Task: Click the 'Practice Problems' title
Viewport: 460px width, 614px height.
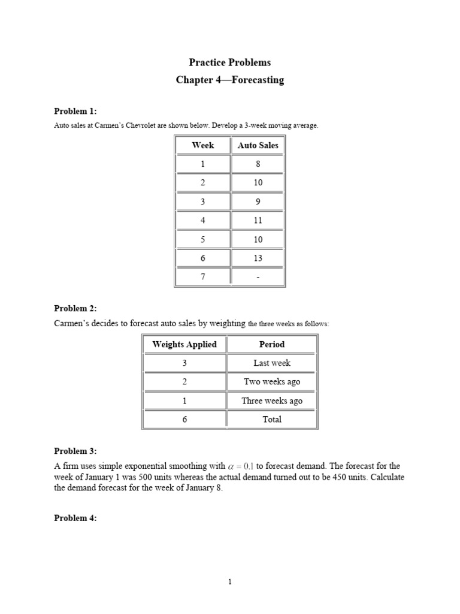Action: coord(230,62)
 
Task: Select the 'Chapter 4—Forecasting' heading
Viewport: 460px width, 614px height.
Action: coord(230,80)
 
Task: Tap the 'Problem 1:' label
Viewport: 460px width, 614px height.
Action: coord(75,111)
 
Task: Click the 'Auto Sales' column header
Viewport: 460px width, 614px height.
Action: coord(258,145)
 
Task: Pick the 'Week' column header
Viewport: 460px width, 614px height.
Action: coord(202,145)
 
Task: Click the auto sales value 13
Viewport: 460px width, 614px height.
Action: coord(258,258)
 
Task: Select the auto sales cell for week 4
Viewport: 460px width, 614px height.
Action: coord(258,220)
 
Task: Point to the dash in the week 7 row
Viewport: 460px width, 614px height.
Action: coord(258,277)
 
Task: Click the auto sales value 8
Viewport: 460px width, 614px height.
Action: coord(258,164)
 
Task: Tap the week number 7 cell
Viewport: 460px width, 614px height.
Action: coord(202,277)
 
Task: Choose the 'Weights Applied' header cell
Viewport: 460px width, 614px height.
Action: coord(184,344)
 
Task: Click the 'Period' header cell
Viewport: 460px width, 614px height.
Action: coord(272,344)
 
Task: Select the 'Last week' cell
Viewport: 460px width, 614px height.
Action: coord(272,363)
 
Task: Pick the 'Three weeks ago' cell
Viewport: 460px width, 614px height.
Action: coord(272,401)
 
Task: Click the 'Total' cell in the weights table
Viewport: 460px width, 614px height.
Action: coord(272,419)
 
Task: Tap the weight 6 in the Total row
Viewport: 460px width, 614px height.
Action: coord(184,419)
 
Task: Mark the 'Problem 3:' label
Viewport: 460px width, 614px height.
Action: coord(75,451)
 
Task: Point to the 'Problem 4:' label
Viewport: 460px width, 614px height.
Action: coord(75,518)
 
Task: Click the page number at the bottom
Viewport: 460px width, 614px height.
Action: coord(230,582)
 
